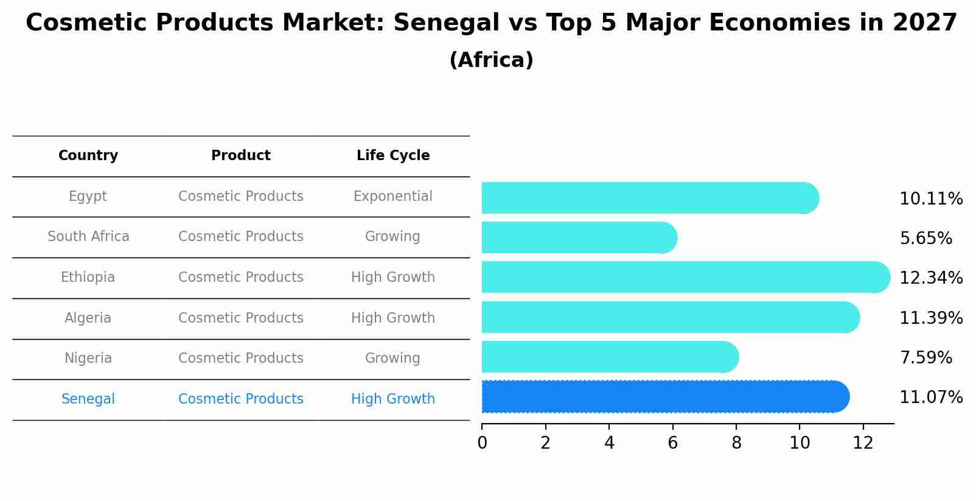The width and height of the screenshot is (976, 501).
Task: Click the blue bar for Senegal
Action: pos(663,397)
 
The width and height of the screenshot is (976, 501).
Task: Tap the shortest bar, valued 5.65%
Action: pos(578,237)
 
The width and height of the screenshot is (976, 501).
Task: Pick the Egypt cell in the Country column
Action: pos(88,197)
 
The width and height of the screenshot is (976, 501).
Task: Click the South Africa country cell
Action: pos(88,237)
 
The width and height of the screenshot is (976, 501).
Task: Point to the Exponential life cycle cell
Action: pos(392,197)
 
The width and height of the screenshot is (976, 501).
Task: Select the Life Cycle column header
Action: pos(392,156)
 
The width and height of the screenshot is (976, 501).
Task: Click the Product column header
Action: pos(240,156)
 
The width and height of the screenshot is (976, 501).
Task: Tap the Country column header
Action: pos(88,156)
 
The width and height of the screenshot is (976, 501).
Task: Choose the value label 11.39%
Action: pos(930,318)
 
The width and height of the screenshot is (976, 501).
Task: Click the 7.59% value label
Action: pos(925,358)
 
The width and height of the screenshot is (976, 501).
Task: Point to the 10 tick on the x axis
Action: pos(800,443)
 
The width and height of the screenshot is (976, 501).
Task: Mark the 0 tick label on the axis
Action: pos(482,443)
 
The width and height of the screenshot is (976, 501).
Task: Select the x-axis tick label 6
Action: pos(672,443)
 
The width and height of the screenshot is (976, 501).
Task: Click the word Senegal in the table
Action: pos(88,399)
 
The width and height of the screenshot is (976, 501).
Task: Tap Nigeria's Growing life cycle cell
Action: pos(392,359)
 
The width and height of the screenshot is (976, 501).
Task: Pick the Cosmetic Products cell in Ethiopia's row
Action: pos(240,278)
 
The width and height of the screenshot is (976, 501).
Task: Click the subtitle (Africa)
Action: pos(491,60)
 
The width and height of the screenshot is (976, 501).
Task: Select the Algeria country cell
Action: pos(88,318)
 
